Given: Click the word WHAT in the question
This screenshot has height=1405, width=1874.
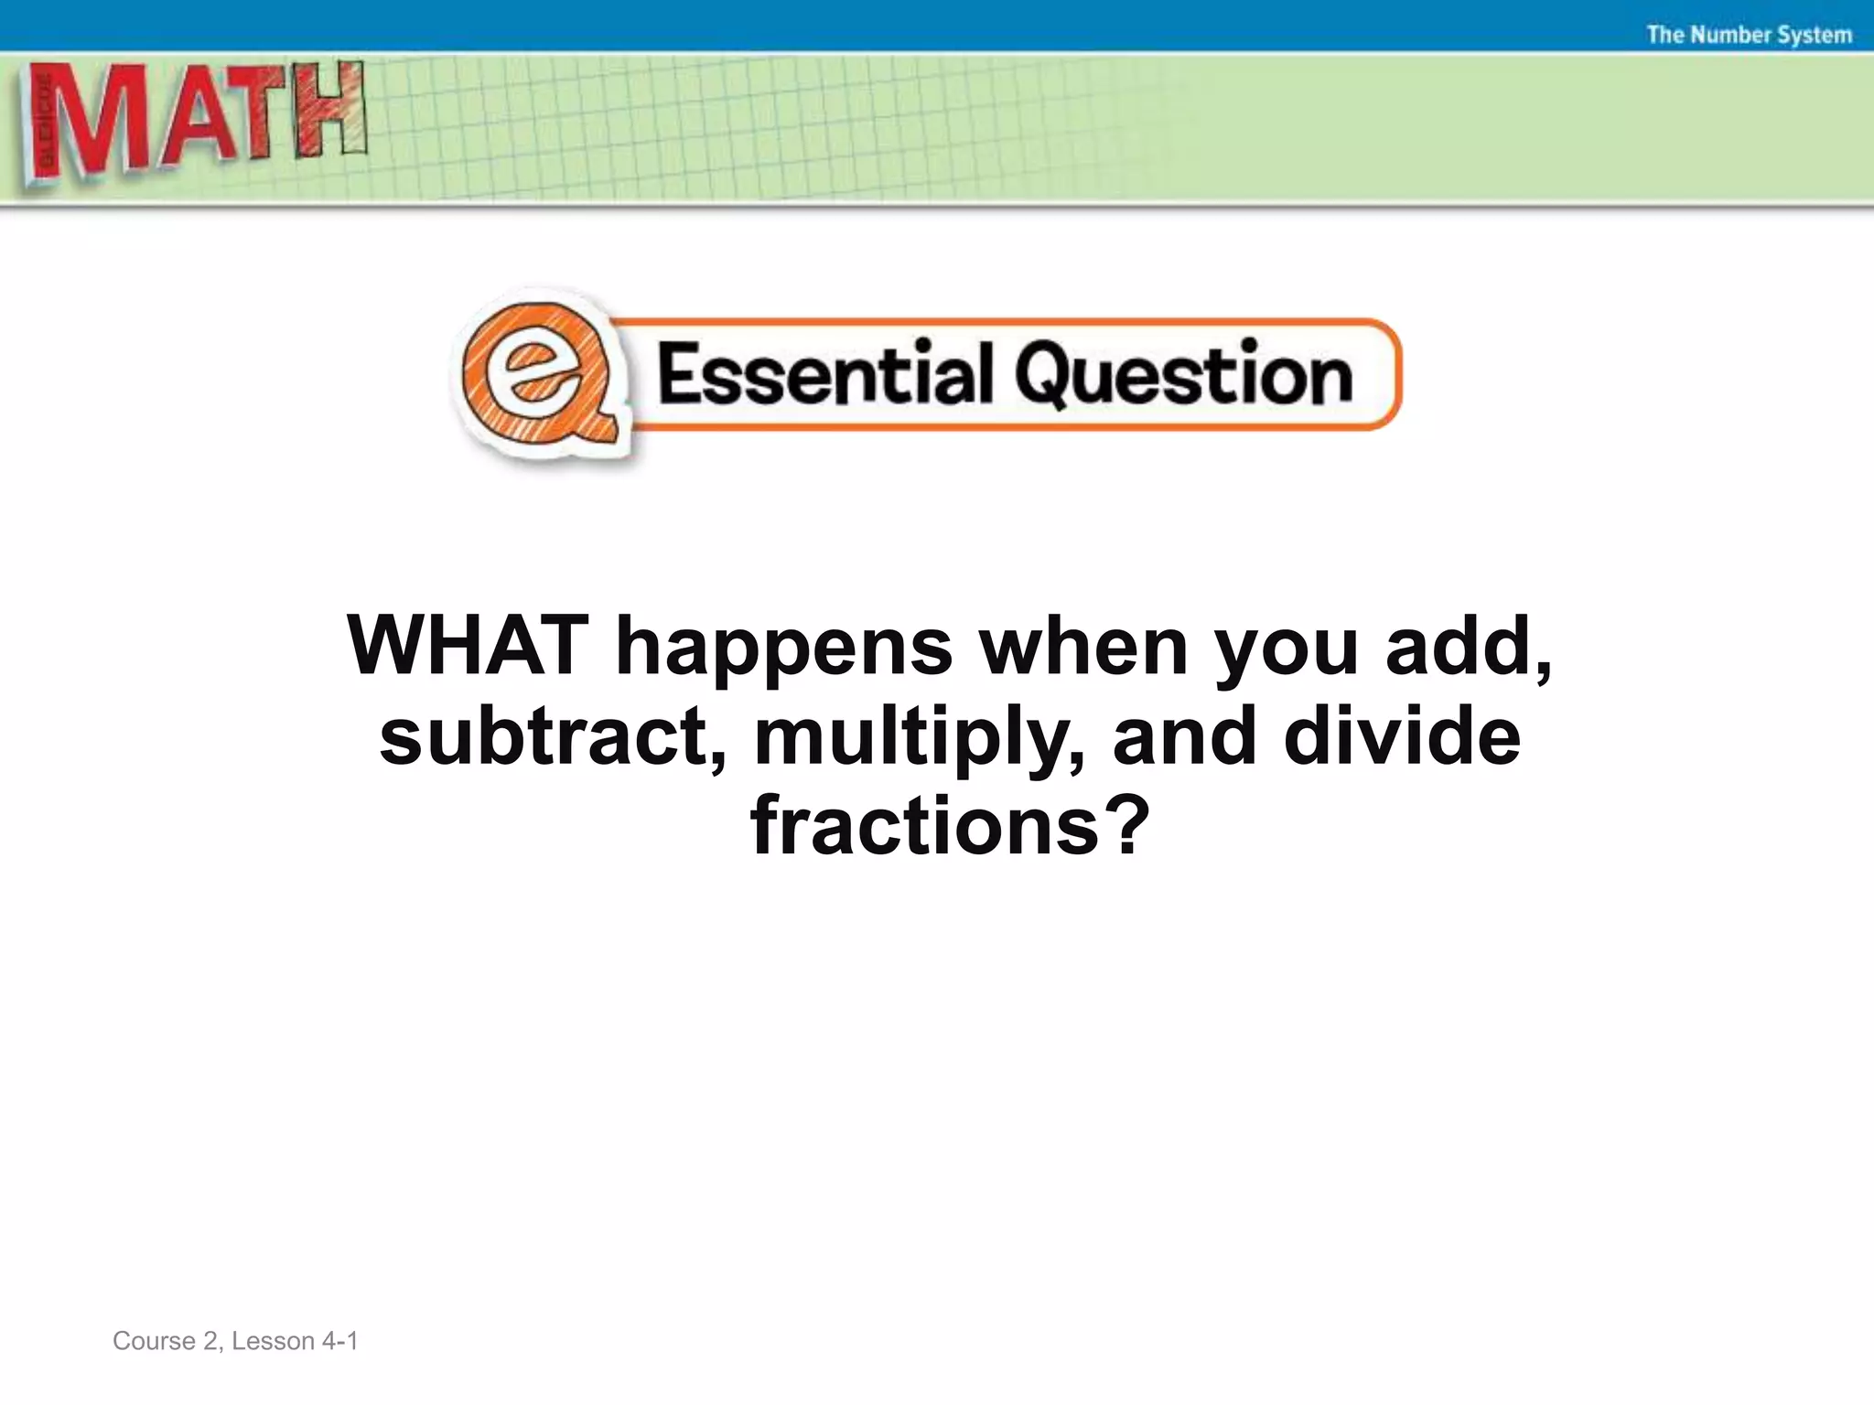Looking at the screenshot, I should pyautogui.click(x=467, y=647).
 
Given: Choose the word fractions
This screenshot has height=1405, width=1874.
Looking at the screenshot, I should pyautogui.click(x=923, y=826).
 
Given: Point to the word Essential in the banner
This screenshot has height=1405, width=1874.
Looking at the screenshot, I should pyautogui.click(x=824, y=374).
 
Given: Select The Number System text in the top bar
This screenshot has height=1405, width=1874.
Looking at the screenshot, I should pyautogui.click(x=1749, y=35).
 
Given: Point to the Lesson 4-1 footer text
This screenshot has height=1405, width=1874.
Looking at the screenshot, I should pyautogui.click(x=295, y=1341).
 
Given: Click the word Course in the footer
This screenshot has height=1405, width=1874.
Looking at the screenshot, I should pyautogui.click(x=154, y=1341).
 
